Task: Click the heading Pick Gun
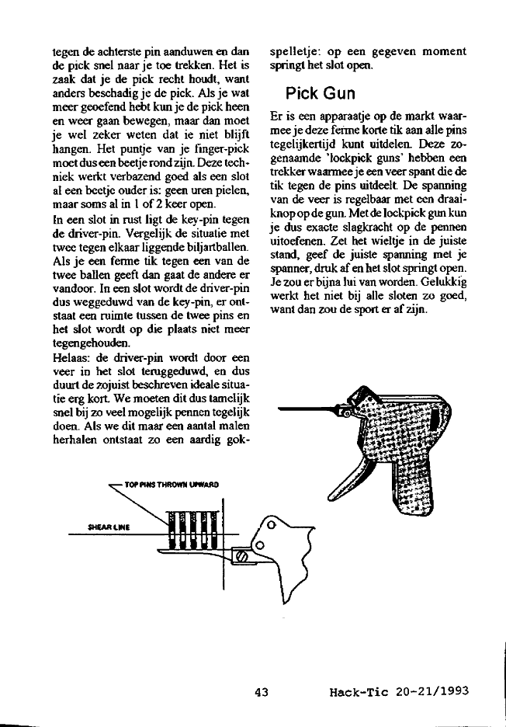click(x=320, y=94)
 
